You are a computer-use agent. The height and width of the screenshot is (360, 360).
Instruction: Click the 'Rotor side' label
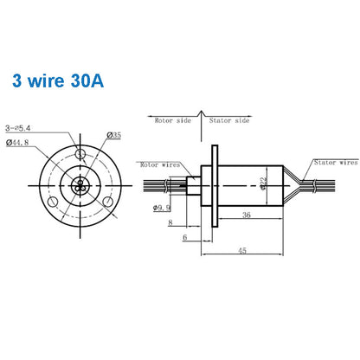[172, 121]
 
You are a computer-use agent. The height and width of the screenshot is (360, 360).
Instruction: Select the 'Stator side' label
[230, 121]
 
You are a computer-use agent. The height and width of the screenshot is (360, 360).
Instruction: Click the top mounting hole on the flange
[80, 155]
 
